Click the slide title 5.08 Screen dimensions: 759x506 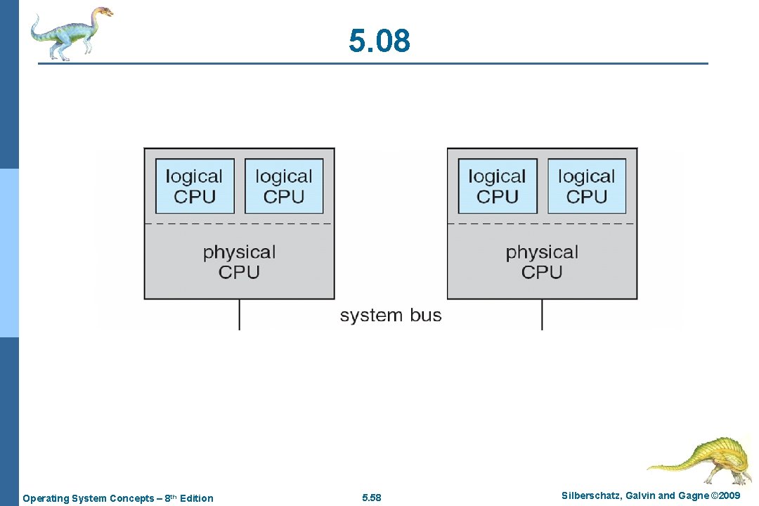(379, 41)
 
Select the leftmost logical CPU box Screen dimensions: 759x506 (195, 186)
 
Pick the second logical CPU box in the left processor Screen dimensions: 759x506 (284, 186)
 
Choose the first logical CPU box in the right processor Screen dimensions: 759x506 (498, 186)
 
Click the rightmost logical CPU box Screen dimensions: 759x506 (587, 186)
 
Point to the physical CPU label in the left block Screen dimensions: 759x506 (239, 261)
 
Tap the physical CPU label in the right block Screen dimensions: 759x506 (542, 261)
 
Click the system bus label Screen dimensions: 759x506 (391, 316)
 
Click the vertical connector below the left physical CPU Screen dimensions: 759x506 (239, 314)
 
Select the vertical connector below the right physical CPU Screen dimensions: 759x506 (542, 314)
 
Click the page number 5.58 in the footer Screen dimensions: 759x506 (372, 498)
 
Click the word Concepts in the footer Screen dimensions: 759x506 (133, 498)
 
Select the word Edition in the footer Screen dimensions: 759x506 (196, 498)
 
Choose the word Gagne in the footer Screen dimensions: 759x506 (693, 496)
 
